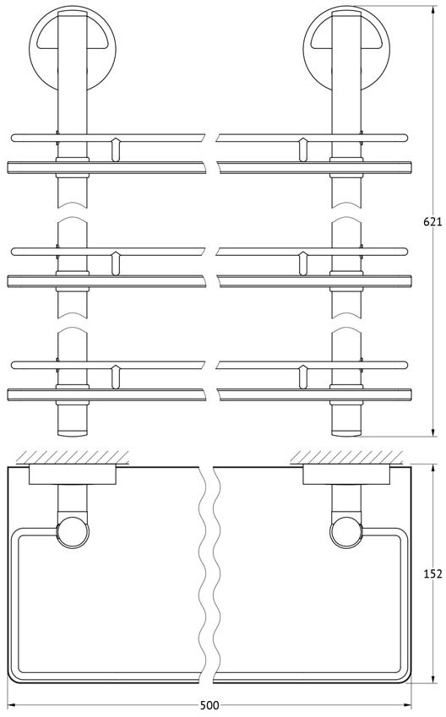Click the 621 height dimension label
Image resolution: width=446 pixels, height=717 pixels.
click(x=432, y=222)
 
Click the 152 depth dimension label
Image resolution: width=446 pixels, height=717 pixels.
click(x=432, y=573)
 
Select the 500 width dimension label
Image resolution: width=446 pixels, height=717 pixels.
click(x=209, y=704)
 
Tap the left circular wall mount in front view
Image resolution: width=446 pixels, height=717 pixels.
click(x=73, y=48)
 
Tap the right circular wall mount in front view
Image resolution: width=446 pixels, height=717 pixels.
click(x=346, y=48)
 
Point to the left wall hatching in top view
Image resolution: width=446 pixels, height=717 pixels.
click(x=73, y=457)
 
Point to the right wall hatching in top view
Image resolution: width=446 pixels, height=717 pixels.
click(x=346, y=457)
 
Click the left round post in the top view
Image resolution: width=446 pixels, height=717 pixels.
click(x=73, y=532)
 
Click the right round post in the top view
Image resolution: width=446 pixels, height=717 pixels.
click(x=345, y=532)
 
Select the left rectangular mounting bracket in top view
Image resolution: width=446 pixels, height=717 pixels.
click(x=73, y=475)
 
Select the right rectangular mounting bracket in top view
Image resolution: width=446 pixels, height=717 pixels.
click(x=346, y=475)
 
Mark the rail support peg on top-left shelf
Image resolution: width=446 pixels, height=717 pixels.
click(x=116, y=149)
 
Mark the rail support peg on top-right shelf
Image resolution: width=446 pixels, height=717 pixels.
click(x=302, y=149)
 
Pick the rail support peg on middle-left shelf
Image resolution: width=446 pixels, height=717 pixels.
click(x=116, y=263)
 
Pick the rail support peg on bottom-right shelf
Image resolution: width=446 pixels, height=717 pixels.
click(x=302, y=377)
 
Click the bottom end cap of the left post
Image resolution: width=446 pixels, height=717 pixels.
click(x=73, y=432)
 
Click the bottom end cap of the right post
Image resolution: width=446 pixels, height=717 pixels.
click(x=346, y=432)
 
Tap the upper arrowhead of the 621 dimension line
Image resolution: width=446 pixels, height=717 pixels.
click(x=432, y=9)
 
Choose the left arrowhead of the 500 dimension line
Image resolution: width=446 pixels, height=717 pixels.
click(x=12, y=704)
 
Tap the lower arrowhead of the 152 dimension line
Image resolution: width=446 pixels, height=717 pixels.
click(x=432, y=679)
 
